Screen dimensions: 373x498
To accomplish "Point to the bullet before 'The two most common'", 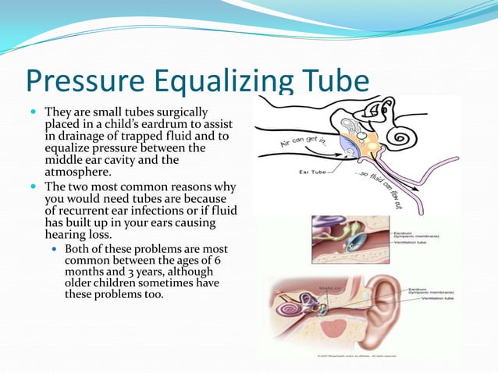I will coord(34,187).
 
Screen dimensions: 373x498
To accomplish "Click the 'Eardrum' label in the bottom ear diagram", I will coord(422,289).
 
